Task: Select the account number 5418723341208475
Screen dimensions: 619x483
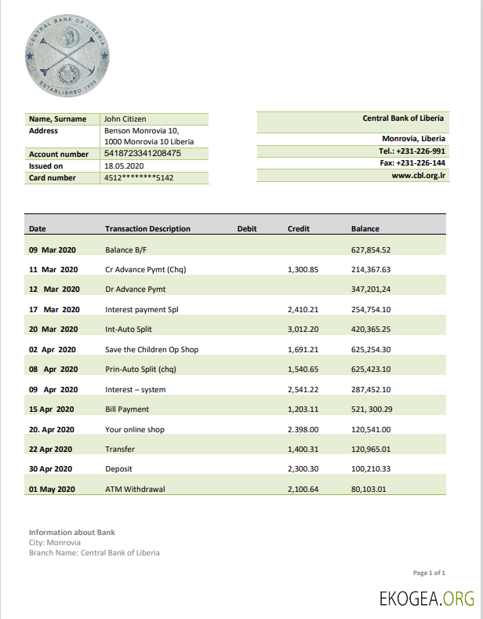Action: tap(143, 154)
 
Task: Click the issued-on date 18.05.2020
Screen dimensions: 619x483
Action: tap(124, 166)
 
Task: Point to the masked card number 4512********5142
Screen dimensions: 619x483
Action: tap(139, 178)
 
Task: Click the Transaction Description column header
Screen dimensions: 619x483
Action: tap(147, 229)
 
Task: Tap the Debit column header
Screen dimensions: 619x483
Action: tap(247, 229)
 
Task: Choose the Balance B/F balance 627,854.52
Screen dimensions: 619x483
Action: tap(371, 250)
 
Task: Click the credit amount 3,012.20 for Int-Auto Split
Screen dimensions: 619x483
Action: tap(303, 330)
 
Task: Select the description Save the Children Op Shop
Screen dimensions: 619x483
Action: tap(151, 349)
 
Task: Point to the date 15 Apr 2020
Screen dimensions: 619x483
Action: tap(52, 409)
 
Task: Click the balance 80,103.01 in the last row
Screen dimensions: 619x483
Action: tap(369, 490)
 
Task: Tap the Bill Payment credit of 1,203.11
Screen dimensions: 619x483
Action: tap(303, 409)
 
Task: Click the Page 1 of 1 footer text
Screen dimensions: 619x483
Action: tap(430, 573)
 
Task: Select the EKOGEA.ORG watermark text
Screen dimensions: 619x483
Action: tap(427, 599)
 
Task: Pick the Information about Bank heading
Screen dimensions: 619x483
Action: tap(72, 532)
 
